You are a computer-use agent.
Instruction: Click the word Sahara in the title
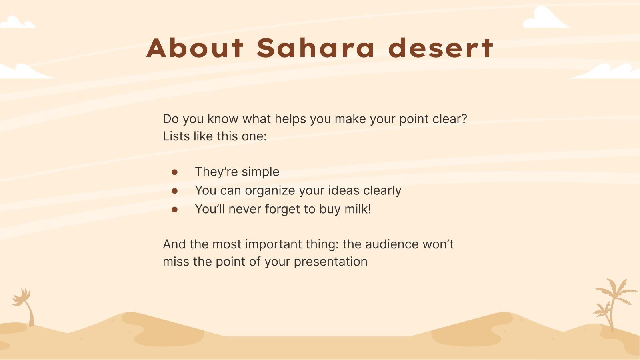point(316,48)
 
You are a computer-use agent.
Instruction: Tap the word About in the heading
point(195,48)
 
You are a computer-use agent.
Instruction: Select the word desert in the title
point(441,48)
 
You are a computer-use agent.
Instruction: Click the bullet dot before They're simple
point(174,172)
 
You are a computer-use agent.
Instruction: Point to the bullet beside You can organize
point(174,191)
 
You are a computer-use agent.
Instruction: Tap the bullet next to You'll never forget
point(174,209)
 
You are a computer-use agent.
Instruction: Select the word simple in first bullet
point(260,172)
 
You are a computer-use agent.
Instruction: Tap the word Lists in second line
point(176,136)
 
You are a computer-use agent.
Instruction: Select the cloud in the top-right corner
point(544,19)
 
